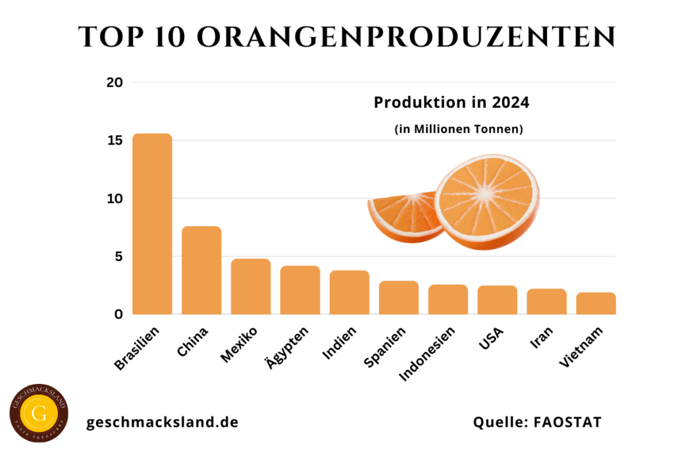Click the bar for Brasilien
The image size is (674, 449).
[x=152, y=224]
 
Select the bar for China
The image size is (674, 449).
[x=201, y=270]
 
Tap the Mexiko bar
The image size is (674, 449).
[x=251, y=287]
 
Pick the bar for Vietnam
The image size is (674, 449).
[x=596, y=303]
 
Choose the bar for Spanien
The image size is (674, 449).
[x=399, y=298]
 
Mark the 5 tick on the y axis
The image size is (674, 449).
[x=118, y=256]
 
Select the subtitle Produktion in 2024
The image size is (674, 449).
[x=452, y=103]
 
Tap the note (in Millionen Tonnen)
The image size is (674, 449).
[x=459, y=130]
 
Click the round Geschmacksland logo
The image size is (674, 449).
[x=39, y=414]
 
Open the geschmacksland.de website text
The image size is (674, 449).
[x=162, y=422]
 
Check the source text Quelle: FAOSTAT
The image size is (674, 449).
[x=537, y=422]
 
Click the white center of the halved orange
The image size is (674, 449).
[x=486, y=193]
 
